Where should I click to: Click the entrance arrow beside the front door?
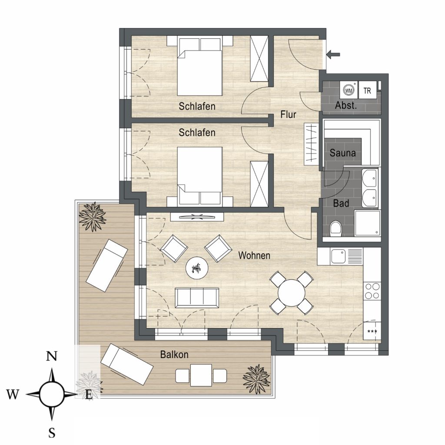[333, 54]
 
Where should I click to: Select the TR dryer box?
[367, 90]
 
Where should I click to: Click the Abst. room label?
[345, 106]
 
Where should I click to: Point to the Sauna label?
[342, 153]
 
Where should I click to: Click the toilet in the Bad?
[336, 228]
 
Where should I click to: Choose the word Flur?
[288, 114]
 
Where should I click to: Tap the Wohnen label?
[254, 256]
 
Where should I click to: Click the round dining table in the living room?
[292, 292]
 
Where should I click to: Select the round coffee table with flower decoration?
[197, 268]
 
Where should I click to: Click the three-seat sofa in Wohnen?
[197, 298]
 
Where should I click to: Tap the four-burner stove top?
[372, 291]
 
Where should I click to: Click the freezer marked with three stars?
[372, 330]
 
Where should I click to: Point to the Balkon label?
[174, 355]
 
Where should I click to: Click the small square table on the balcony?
[201, 375]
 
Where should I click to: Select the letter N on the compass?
[51, 356]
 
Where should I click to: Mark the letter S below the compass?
[52, 433]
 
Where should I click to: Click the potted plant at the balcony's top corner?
[93, 217]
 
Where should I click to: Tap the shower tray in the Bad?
[368, 223]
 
